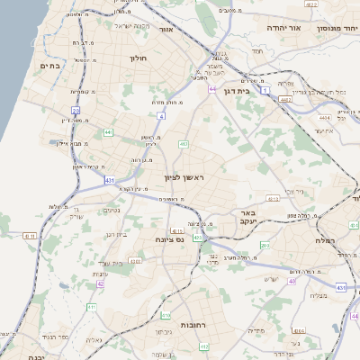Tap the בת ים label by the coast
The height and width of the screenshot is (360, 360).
[x=49, y=66]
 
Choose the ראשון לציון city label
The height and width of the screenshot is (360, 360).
[x=184, y=177]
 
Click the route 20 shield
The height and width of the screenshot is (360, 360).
[x=76, y=111]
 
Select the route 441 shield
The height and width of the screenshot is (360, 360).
[x=108, y=132]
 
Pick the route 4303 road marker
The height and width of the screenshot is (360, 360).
[x=135, y=261]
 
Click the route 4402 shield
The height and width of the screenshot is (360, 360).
[x=311, y=4]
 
